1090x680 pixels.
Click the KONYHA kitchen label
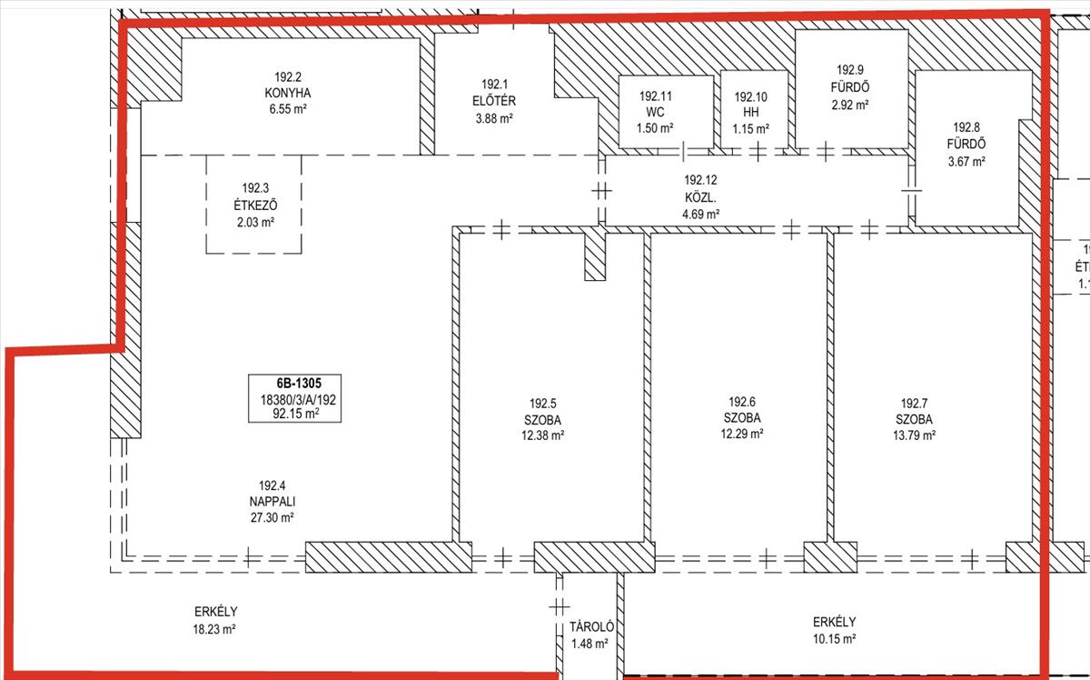(x=288, y=93)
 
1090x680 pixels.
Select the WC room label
(x=655, y=112)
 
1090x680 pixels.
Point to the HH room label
(x=750, y=112)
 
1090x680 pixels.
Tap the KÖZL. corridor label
(x=700, y=197)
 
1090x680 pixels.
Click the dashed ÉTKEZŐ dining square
(x=253, y=204)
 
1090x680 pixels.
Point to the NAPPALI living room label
(x=272, y=501)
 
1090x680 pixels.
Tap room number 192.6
(x=742, y=402)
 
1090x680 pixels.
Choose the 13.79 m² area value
(x=915, y=435)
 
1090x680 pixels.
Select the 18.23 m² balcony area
(x=215, y=628)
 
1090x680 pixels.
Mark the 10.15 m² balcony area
(x=834, y=639)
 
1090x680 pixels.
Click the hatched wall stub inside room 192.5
(x=595, y=255)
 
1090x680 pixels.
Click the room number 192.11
(x=655, y=95)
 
